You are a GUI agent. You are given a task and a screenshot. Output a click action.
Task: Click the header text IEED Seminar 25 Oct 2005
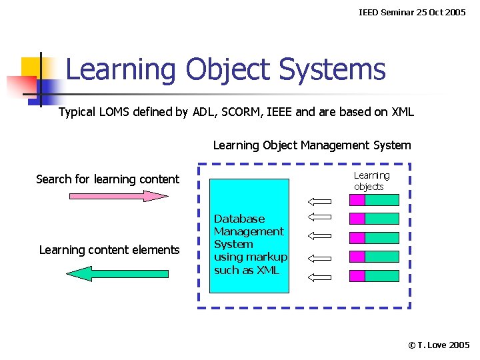[x=412, y=13]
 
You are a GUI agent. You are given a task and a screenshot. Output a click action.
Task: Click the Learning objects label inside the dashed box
[x=371, y=181]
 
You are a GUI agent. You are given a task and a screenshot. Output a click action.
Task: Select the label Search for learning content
[x=107, y=179]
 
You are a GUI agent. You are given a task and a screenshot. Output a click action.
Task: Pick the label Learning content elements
[x=109, y=250]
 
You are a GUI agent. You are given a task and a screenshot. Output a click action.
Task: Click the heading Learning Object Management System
[x=312, y=145]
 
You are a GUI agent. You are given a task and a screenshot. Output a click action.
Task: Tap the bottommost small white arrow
[x=320, y=275]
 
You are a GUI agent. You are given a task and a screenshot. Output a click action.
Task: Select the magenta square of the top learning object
[x=357, y=199]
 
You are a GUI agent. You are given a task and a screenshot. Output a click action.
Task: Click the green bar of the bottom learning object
[x=382, y=275]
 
